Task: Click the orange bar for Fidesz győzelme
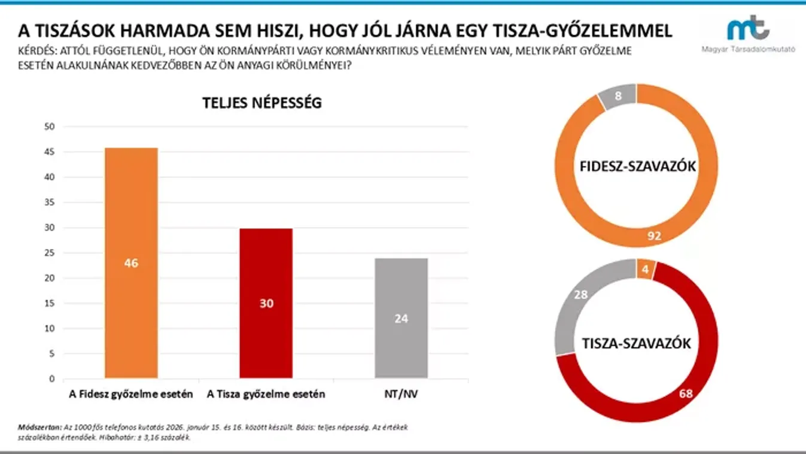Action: click(x=131, y=216)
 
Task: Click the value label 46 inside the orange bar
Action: click(x=131, y=263)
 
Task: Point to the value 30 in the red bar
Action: click(x=266, y=304)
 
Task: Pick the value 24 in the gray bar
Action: click(x=401, y=319)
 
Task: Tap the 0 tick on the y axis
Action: click(x=51, y=379)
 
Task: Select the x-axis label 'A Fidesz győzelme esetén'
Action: click(x=131, y=394)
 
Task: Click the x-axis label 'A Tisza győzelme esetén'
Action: click(x=266, y=394)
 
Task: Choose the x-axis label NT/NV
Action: click(x=401, y=394)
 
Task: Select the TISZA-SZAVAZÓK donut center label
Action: click(x=637, y=343)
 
